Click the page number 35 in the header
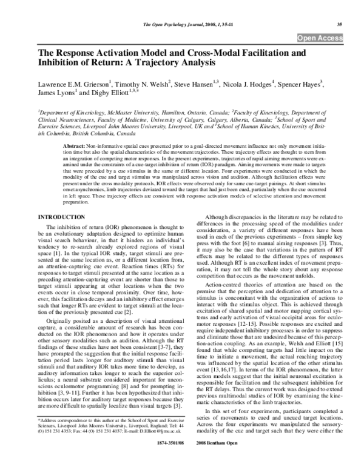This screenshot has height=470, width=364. pos(340,24)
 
